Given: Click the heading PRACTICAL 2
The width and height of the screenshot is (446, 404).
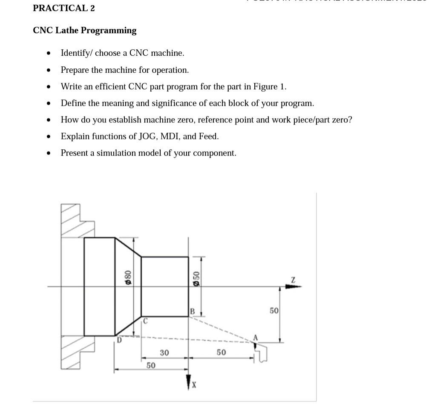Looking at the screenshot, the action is point(64,8).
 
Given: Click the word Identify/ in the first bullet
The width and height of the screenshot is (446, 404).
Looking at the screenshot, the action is point(77,53).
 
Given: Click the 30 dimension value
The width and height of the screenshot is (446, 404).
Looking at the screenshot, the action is point(164,353).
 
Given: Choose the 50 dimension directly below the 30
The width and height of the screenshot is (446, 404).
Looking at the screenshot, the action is point(151,365).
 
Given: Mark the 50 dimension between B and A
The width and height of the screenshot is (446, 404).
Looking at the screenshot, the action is point(221,353).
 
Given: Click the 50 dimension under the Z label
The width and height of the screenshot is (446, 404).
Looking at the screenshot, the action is point(274,311).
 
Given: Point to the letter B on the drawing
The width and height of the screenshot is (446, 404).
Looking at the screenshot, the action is point(192,312).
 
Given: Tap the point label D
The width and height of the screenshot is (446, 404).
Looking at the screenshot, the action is point(119,340).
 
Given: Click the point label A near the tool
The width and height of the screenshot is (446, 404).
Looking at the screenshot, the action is point(256,337).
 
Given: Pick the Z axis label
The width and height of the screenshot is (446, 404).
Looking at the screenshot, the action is point(293,279).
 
